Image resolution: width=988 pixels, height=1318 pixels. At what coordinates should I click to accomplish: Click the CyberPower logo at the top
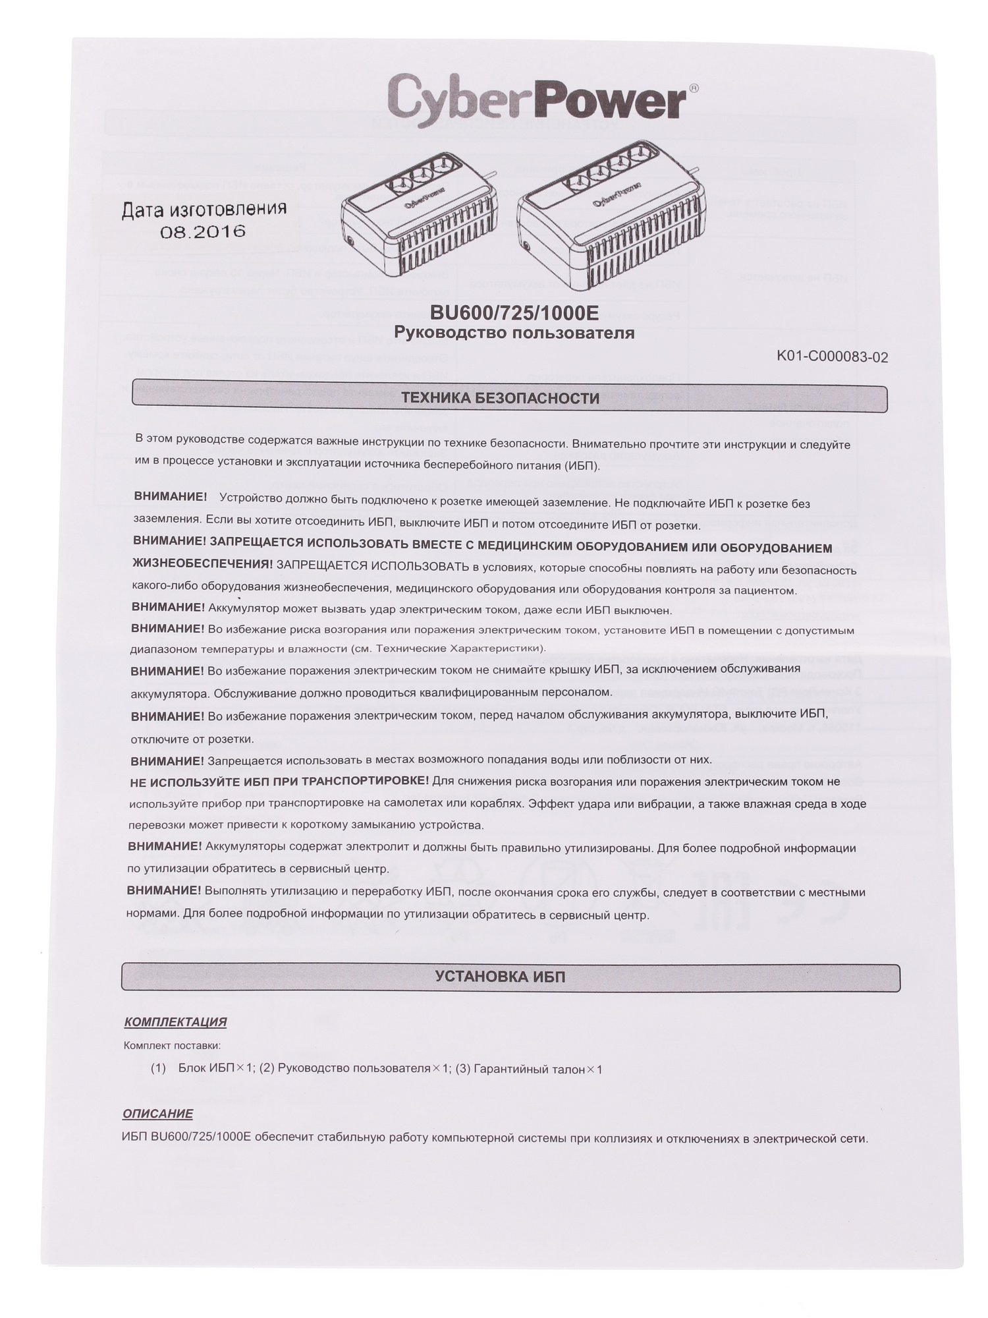537,97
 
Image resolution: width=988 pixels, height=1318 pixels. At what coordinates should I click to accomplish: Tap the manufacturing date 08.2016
204,231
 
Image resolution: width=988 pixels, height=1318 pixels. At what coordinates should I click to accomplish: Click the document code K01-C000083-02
833,357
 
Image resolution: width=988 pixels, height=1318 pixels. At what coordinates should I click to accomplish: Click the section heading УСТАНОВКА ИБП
500,977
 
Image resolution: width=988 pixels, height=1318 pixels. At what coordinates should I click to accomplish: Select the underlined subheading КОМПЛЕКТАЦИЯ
175,1022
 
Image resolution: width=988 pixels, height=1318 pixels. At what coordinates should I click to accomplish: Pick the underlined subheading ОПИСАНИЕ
158,1114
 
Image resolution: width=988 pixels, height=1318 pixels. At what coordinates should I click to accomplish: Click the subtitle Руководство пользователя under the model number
514,333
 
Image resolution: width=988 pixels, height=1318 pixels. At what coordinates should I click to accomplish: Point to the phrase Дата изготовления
204,209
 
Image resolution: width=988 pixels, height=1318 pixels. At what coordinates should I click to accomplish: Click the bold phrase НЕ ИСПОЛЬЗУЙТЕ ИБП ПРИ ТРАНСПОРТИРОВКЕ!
279,782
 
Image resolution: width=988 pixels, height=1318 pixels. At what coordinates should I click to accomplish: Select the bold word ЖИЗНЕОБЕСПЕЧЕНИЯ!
202,564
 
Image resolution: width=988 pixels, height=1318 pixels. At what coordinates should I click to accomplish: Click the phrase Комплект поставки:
173,1045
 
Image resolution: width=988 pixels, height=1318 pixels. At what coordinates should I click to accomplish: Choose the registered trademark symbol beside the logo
694,86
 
